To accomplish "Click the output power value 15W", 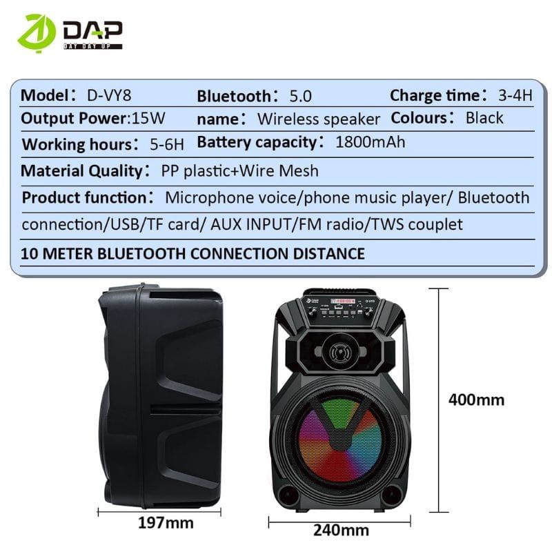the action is coord(148,118).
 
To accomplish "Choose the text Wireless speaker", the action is coord(318,119).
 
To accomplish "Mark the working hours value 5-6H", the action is coord(167,144).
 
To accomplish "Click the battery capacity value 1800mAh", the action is coord(370,143).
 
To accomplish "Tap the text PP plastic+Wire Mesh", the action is coord(239,170).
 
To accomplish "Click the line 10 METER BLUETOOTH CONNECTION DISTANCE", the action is coord(193,253).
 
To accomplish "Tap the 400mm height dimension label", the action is coord(476,400).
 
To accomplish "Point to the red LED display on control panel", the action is coord(342,301).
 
